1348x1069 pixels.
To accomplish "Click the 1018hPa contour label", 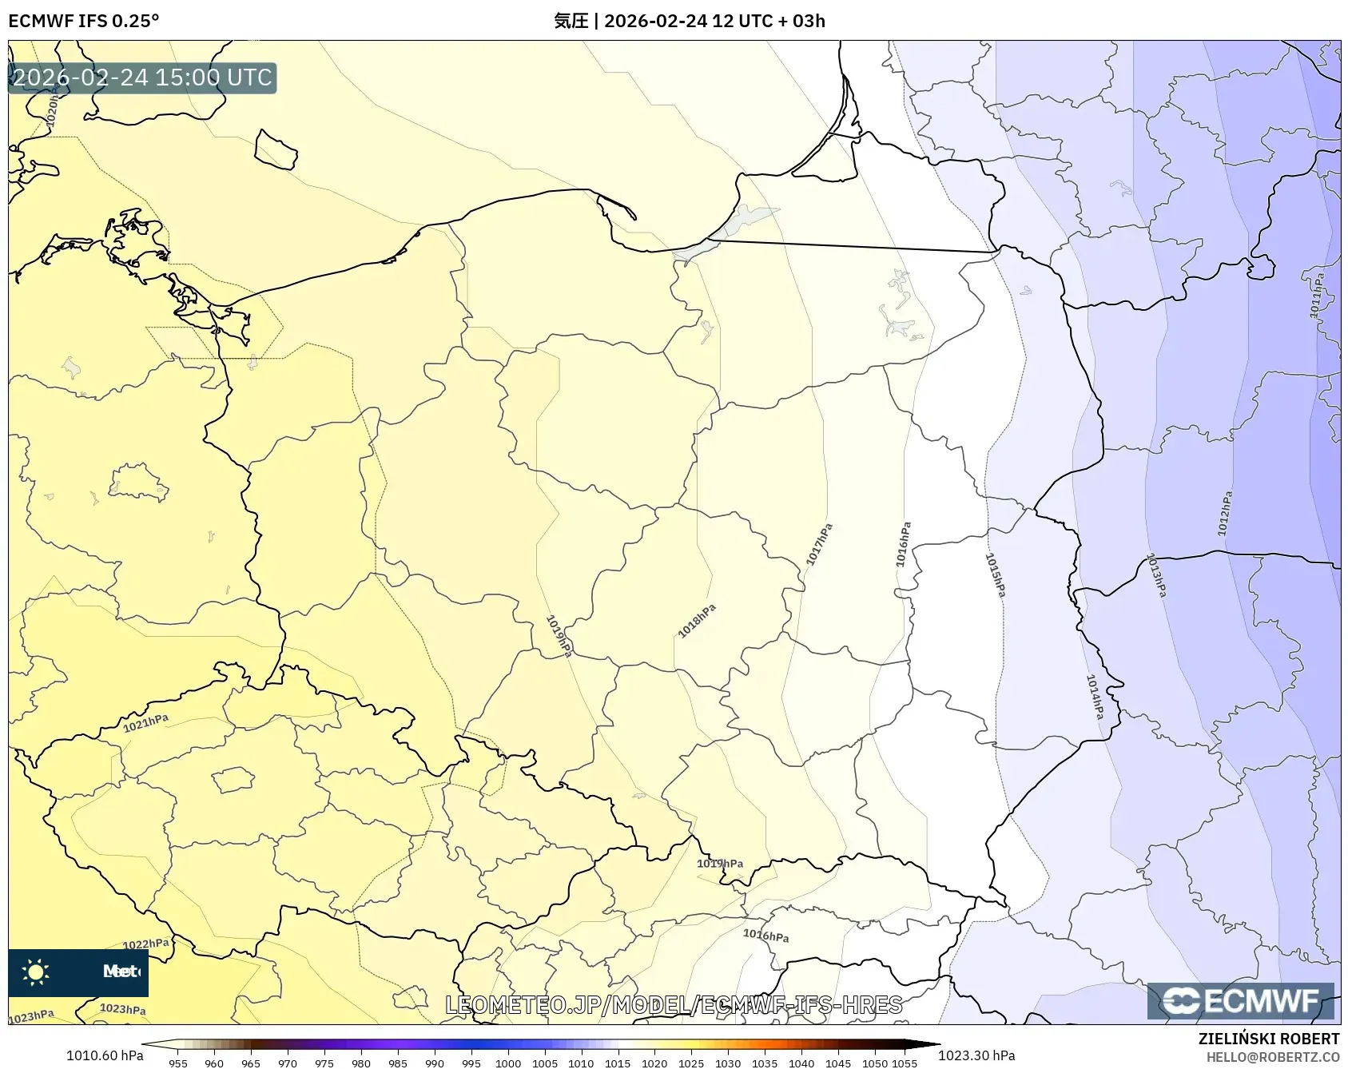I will tap(697, 621).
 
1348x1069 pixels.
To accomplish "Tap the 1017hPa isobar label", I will tap(819, 545).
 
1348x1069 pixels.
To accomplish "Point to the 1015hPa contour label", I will tap(995, 574).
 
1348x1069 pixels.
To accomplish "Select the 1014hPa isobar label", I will tap(1095, 696).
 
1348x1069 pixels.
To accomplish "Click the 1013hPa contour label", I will tap(1156, 574).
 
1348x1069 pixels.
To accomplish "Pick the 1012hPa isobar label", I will tap(1225, 513).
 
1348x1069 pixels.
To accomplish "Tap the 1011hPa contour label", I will tap(1317, 296).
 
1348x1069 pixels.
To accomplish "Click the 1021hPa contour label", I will tap(145, 723).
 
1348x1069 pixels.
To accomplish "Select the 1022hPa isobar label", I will tap(145, 944).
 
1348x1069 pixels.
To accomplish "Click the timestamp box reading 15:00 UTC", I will tap(142, 78).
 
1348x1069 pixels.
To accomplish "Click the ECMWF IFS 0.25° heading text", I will tap(84, 21).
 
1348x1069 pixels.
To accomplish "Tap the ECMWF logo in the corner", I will tap(1240, 1000).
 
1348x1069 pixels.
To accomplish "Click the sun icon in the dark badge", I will tap(36, 972).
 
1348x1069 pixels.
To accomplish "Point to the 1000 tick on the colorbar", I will tap(508, 1063).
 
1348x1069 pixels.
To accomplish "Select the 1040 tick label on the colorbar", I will tap(801, 1063).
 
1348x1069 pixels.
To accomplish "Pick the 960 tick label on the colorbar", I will tap(214, 1063).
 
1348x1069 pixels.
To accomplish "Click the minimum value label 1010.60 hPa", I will tap(105, 1055).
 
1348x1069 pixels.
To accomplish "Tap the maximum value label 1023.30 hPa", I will tap(976, 1055).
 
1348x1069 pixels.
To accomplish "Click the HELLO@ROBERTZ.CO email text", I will tap(1273, 1057).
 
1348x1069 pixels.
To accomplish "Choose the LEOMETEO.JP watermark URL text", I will tap(673, 1004).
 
